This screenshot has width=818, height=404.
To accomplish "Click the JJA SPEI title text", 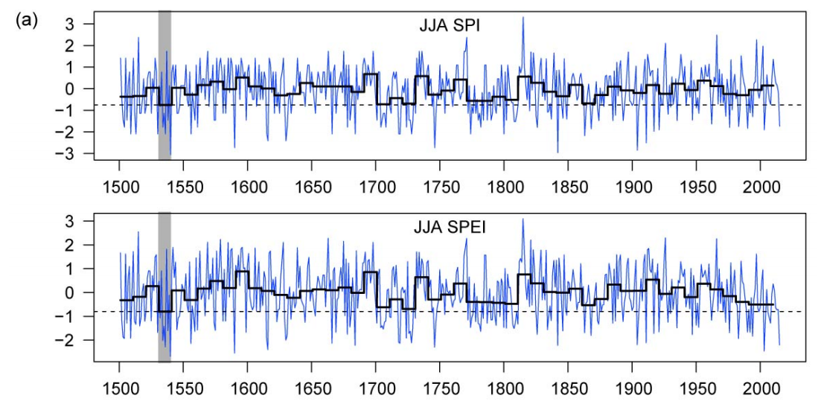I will [x=450, y=228].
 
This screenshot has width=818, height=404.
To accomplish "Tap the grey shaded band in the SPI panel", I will [x=164, y=86].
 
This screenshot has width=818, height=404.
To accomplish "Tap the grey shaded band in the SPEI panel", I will [x=164, y=286].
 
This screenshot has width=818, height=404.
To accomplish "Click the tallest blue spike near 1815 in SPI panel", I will [x=523, y=18].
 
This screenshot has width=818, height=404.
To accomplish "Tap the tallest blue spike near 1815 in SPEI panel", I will [x=523, y=219].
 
